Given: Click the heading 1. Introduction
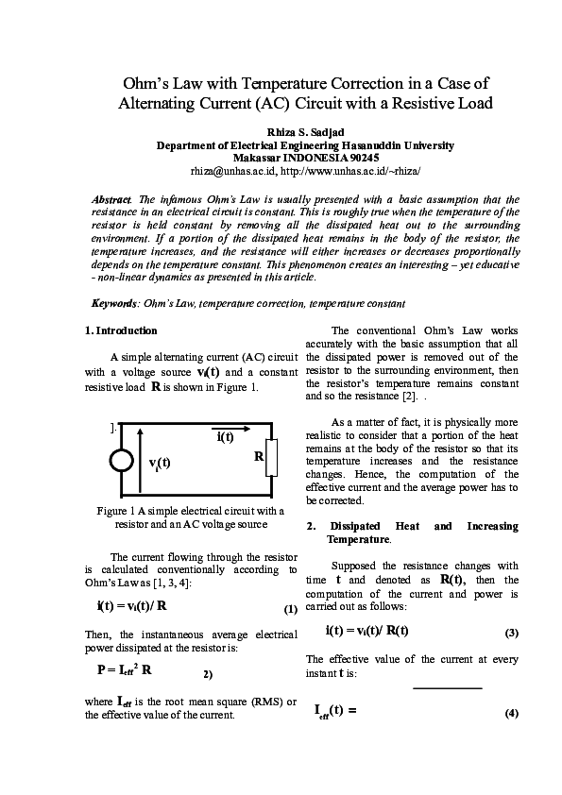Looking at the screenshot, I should pyautogui.click(x=121, y=330).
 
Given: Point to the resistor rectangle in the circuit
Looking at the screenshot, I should pyautogui.click(x=272, y=458).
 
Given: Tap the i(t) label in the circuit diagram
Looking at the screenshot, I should pyautogui.click(x=226, y=436).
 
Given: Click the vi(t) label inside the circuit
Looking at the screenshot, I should pyautogui.click(x=160, y=462).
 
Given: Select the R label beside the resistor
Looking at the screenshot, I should pyautogui.click(x=257, y=457).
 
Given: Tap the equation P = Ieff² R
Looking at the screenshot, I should pyautogui.click(x=126, y=669).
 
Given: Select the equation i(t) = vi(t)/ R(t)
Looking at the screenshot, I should pyautogui.click(x=366, y=630).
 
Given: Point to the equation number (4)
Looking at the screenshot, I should pyautogui.click(x=512, y=714).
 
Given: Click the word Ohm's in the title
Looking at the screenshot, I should pyautogui.click(x=153, y=83).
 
